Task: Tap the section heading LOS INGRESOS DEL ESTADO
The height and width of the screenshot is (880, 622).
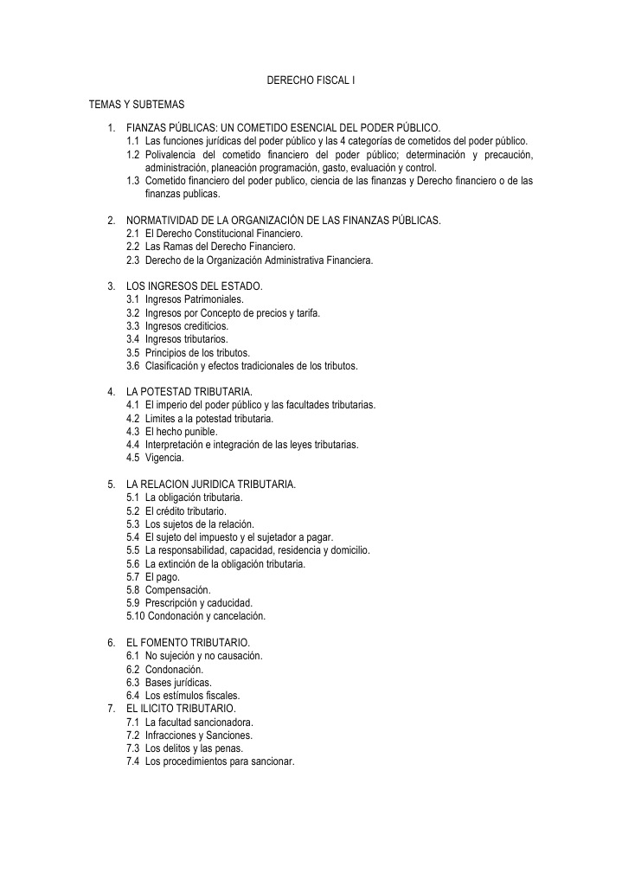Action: point(194,286)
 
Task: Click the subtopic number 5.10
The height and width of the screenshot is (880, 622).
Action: point(135,616)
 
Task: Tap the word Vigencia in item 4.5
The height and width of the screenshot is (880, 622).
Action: point(164,458)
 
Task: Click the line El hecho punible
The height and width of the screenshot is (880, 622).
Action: point(182,431)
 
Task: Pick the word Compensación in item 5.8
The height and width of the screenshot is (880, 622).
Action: point(177,589)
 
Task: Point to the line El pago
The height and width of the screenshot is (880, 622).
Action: point(163,576)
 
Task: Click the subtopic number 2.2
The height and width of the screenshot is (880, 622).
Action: point(133,247)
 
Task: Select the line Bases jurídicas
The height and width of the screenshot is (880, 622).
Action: point(178,682)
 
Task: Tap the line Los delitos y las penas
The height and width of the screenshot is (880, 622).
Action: point(194,748)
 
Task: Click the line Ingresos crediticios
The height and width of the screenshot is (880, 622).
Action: point(187,325)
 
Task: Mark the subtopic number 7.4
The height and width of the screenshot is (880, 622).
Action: point(133,761)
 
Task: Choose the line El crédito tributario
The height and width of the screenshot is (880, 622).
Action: point(186,511)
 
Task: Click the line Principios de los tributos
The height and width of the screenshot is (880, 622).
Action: point(197,352)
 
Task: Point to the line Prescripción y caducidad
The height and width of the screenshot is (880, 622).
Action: point(198,603)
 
